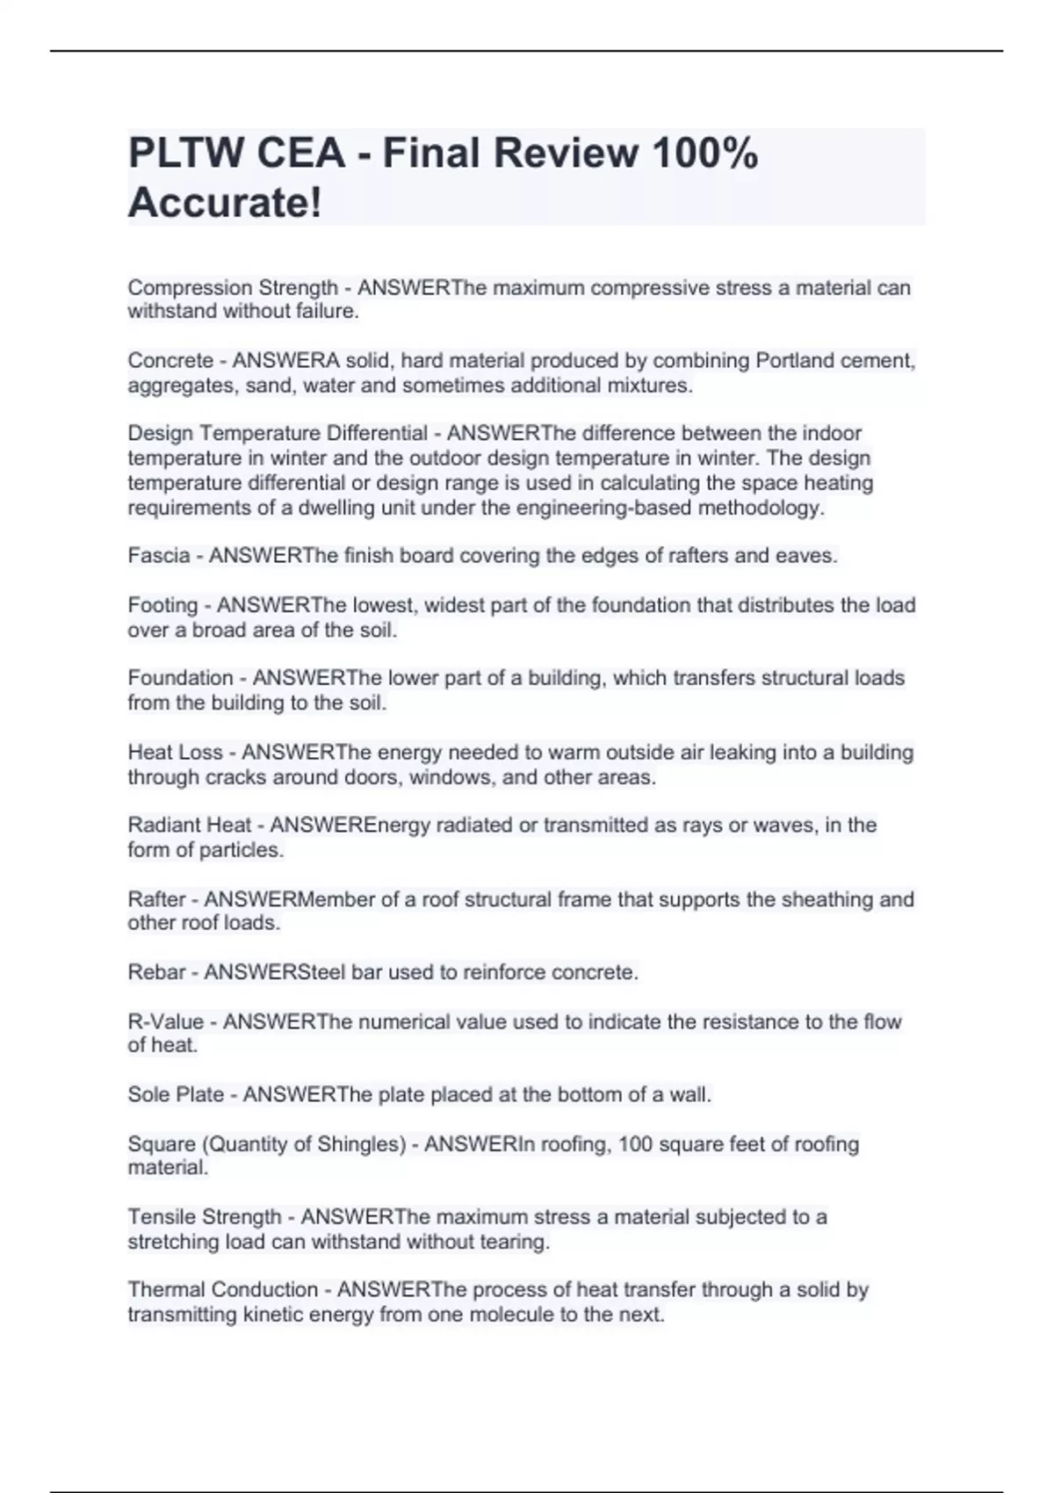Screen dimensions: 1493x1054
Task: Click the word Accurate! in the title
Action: pyautogui.click(x=225, y=203)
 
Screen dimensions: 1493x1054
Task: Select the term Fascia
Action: pyautogui.click(x=158, y=556)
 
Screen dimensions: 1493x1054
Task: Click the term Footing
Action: pyautogui.click(x=162, y=605)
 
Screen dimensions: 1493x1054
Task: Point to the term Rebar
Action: pyautogui.click(x=156, y=972)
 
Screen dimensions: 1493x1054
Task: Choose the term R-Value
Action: pyautogui.click(x=165, y=1021)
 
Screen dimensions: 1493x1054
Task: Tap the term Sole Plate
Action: pyautogui.click(x=176, y=1094)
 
